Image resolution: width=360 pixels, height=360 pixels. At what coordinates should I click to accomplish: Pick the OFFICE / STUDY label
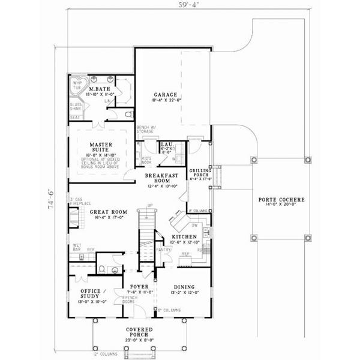[93, 294]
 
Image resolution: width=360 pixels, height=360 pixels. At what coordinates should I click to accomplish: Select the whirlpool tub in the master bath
[78, 85]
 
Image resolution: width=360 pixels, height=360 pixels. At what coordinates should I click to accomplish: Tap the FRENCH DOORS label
[130, 299]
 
